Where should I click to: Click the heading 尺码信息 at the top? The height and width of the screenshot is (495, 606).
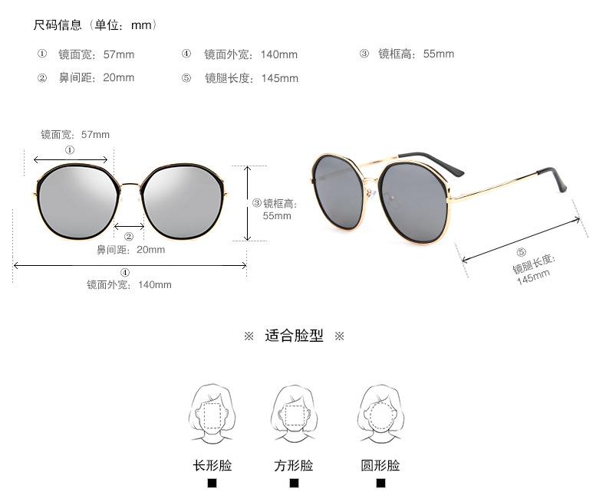pos(58,25)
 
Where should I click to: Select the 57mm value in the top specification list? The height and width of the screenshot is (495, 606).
pos(119,54)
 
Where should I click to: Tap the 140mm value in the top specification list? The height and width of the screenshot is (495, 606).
pos(279,54)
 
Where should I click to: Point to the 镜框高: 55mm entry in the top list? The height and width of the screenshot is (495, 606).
pos(416,54)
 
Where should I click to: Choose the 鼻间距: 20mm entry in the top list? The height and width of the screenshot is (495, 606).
pos(96,77)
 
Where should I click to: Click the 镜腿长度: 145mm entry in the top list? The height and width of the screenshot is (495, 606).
pos(251,78)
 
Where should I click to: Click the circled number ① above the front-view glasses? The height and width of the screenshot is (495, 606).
pos(70,150)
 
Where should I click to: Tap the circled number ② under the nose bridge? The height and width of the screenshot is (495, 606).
pos(129,237)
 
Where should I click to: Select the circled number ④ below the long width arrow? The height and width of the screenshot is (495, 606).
pos(125,273)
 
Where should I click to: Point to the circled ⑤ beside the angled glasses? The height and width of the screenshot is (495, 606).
pos(522,252)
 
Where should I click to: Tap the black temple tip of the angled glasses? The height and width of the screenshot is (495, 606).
pos(561,178)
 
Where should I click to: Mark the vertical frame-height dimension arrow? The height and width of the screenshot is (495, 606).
pos(247,203)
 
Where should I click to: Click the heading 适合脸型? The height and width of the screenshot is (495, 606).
pos(294,336)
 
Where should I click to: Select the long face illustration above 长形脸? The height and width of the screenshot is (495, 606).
pos(212,414)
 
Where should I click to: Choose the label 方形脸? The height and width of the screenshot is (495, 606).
pos(294,465)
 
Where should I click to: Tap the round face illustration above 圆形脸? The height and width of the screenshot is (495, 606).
pos(380,414)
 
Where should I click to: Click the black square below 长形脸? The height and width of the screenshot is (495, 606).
pos(212,484)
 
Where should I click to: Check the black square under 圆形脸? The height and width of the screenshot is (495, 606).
pos(380,484)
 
